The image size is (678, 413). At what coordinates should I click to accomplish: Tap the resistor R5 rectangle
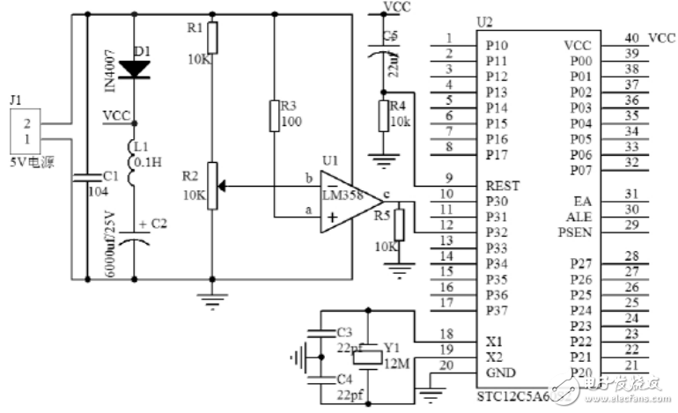(x=399, y=225)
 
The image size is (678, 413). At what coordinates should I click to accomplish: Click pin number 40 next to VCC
(x=631, y=39)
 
